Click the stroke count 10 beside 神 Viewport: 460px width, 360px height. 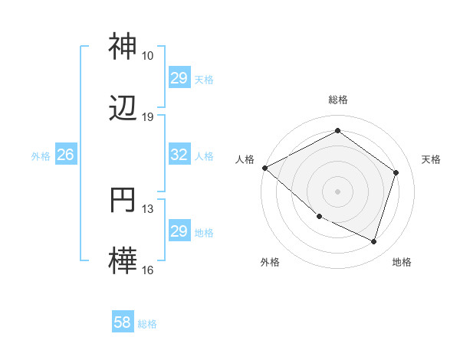pos(148,56)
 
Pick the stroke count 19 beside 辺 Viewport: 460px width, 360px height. pos(148,117)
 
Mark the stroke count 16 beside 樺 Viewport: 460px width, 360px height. pos(148,270)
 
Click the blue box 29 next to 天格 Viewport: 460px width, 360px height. pos(179,78)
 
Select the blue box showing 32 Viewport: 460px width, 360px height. pos(179,155)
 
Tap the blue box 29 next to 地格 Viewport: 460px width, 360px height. pos(179,231)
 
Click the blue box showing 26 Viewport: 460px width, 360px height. pos(65,155)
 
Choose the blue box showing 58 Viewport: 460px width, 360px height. pos(123,323)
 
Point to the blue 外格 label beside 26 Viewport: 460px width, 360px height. pos(41,155)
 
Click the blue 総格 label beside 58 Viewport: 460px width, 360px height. pos(147,324)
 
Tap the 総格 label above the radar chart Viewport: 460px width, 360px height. pos(338,100)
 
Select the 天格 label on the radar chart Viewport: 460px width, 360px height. pos(432,159)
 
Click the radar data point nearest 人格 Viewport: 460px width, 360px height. pos(264,168)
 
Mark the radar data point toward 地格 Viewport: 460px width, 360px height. pos(374,242)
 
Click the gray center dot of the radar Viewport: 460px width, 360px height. pos(338,191)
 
